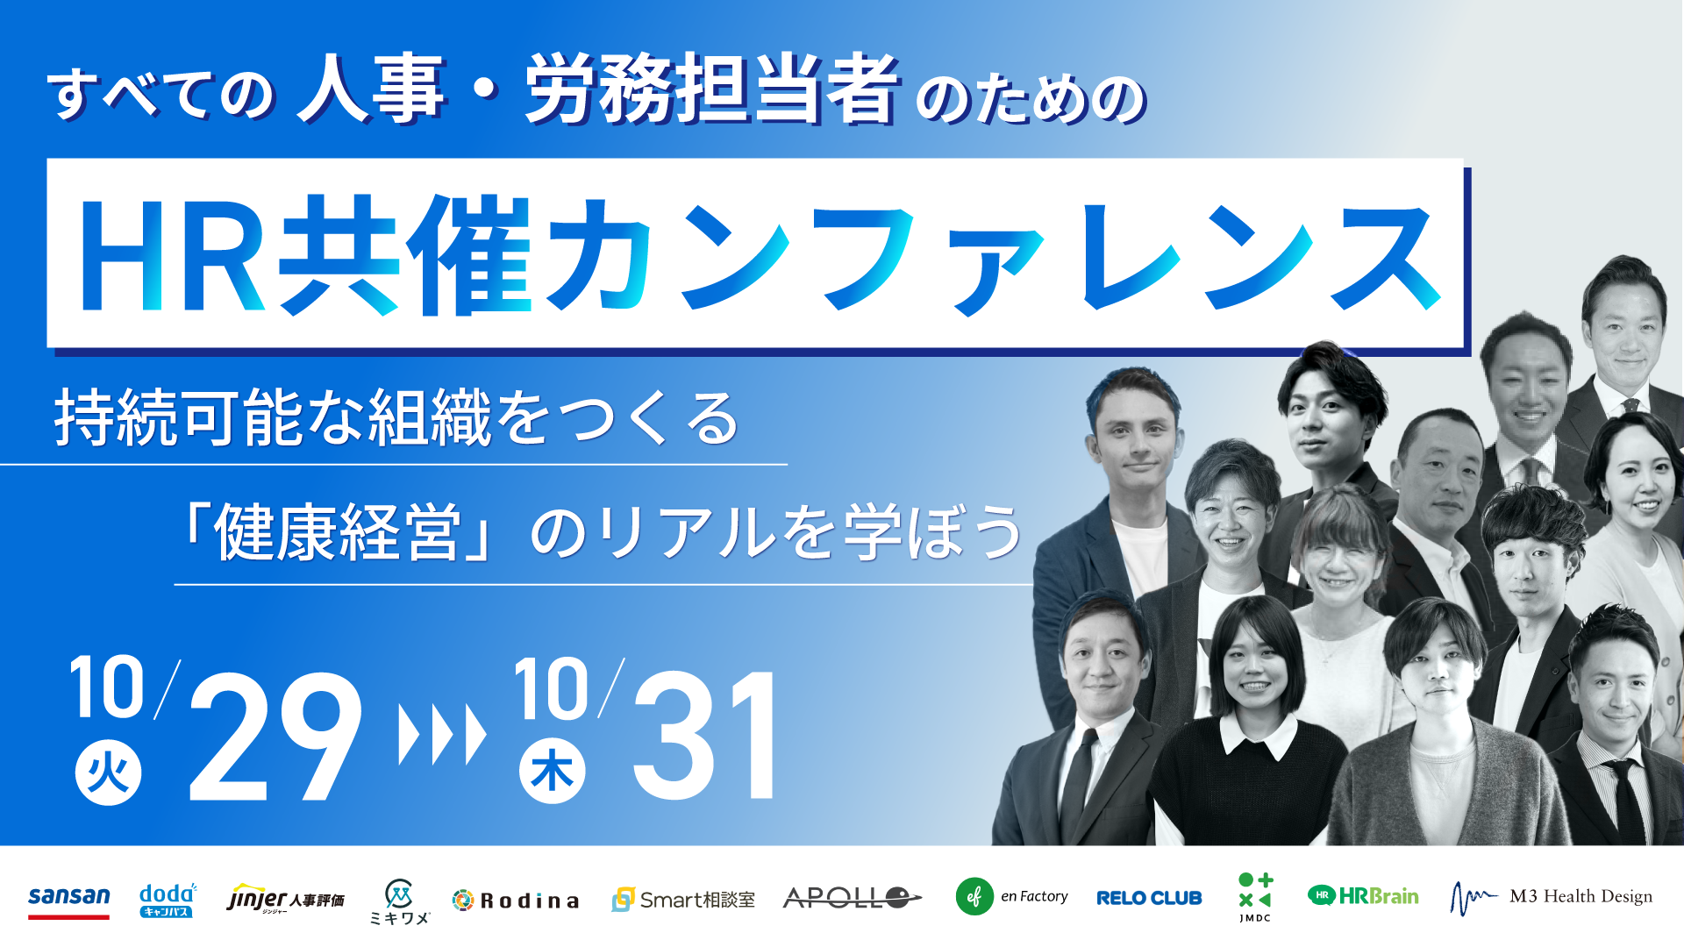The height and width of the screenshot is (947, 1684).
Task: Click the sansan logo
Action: pyautogui.click(x=68, y=901)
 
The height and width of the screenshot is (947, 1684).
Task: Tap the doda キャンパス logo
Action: pyautogui.click(x=168, y=900)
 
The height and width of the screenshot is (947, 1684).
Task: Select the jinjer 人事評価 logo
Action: pyautogui.click(x=285, y=899)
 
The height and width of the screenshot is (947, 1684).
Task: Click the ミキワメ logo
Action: pyautogui.click(x=399, y=901)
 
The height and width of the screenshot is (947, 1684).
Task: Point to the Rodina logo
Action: pyautogui.click(x=516, y=901)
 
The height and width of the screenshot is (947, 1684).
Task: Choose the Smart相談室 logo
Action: pyautogui.click(x=683, y=900)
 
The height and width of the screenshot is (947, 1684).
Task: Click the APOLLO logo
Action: pyautogui.click(x=852, y=898)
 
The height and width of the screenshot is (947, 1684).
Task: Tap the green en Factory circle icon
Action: pyautogui.click(x=974, y=897)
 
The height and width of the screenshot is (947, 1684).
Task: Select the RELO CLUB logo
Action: pyautogui.click(x=1149, y=898)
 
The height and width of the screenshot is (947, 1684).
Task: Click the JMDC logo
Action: pyautogui.click(x=1255, y=897)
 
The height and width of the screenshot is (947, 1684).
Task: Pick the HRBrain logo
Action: pyautogui.click(x=1363, y=896)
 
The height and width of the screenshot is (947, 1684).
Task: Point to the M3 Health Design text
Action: pyautogui.click(x=1581, y=896)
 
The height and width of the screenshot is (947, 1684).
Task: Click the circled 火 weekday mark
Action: pyautogui.click(x=108, y=773)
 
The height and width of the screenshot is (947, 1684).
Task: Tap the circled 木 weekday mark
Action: pyautogui.click(x=552, y=772)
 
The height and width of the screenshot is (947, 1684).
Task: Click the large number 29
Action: pyautogui.click(x=275, y=737)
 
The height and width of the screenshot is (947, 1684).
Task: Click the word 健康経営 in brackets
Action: pyautogui.click(x=337, y=532)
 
